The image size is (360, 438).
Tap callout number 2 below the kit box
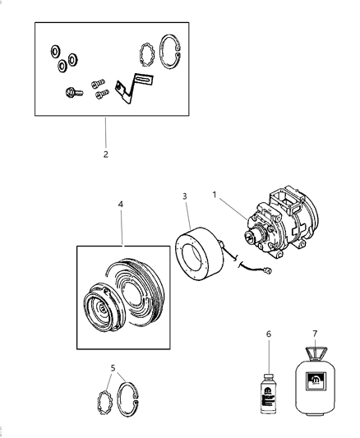105,154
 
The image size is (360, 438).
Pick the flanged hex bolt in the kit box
71,94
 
